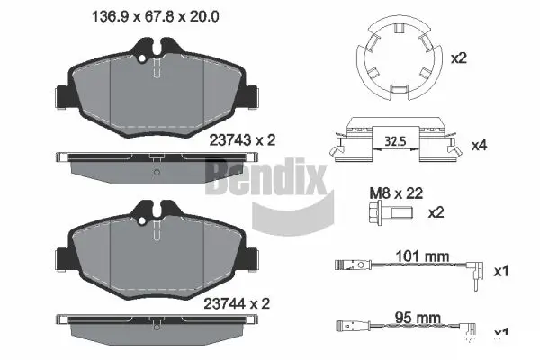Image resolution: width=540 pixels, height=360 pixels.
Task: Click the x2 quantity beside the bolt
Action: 436,213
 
